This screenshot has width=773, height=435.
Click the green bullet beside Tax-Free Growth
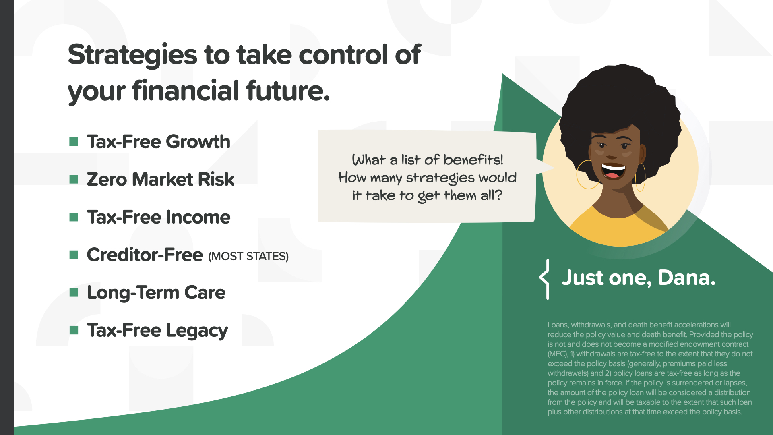pyautogui.click(x=74, y=141)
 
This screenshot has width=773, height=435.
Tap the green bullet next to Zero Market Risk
pyautogui.click(x=74, y=179)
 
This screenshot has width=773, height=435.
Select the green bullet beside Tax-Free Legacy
pyautogui.click(x=74, y=330)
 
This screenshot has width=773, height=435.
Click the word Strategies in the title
pyautogui.click(x=132, y=56)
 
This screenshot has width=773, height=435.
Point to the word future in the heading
pyautogui.click(x=287, y=90)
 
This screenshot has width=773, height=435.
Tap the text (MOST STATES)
pyautogui.click(x=248, y=256)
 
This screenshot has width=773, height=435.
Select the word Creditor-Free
pyautogui.click(x=145, y=255)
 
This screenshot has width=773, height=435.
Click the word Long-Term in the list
pyautogui.click(x=132, y=293)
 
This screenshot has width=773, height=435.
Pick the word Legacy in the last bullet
pyautogui.click(x=197, y=331)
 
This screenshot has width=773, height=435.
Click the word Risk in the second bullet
pyautogui.click(x=216, y=179)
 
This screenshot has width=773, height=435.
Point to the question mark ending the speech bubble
pyautogui.click(x=498, y=195)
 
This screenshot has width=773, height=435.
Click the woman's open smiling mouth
pyautogui.click(x=613, y=171)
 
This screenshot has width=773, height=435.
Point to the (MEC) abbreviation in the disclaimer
pyautogui.click(x=558, y=354)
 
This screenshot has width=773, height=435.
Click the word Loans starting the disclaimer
pyautogui.click(x=558, y=325)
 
